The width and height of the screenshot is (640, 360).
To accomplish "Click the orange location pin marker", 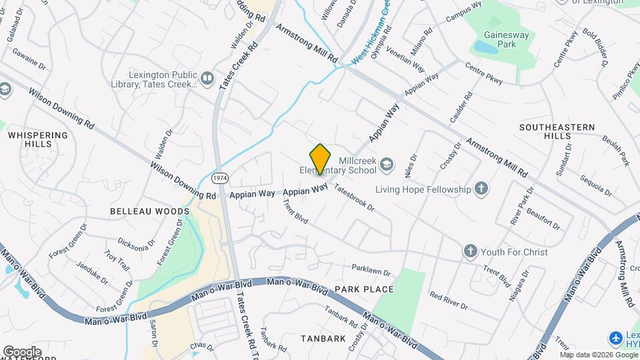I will point(321,159).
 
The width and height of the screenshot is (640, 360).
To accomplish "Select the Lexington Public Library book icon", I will point(207,79).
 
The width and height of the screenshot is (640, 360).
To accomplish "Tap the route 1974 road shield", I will point(219,179).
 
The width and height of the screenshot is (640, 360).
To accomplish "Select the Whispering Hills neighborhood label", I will point(38,139).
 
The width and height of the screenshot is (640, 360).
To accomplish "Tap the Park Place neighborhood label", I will point(364,289).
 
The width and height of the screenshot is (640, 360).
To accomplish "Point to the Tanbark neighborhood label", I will point(322,338).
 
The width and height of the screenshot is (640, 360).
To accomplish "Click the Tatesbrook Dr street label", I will point(354,197).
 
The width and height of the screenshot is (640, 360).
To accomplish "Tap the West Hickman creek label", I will point(371,33).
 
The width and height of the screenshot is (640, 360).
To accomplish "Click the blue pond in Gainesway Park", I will point(485,47).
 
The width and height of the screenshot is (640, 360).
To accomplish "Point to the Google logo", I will point(22,351).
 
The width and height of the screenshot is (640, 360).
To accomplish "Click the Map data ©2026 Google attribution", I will point(598,354).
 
